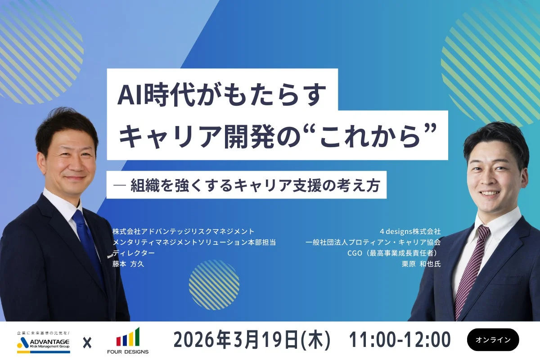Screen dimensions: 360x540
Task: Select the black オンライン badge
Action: [x=493, y=340]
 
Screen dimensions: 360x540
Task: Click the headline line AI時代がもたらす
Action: [x=222, y=95]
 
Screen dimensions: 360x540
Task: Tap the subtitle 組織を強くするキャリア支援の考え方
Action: [x=254, y=185]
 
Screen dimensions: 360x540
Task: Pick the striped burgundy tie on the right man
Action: [x=471, y=270]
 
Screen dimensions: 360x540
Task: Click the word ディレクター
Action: [x=134, y=253]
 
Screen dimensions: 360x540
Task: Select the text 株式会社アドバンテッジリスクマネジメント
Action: [x=184, y=232]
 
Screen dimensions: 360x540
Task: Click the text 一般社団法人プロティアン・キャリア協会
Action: [x=373, y=243]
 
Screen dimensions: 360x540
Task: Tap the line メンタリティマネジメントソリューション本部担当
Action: [x=194, y=243]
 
